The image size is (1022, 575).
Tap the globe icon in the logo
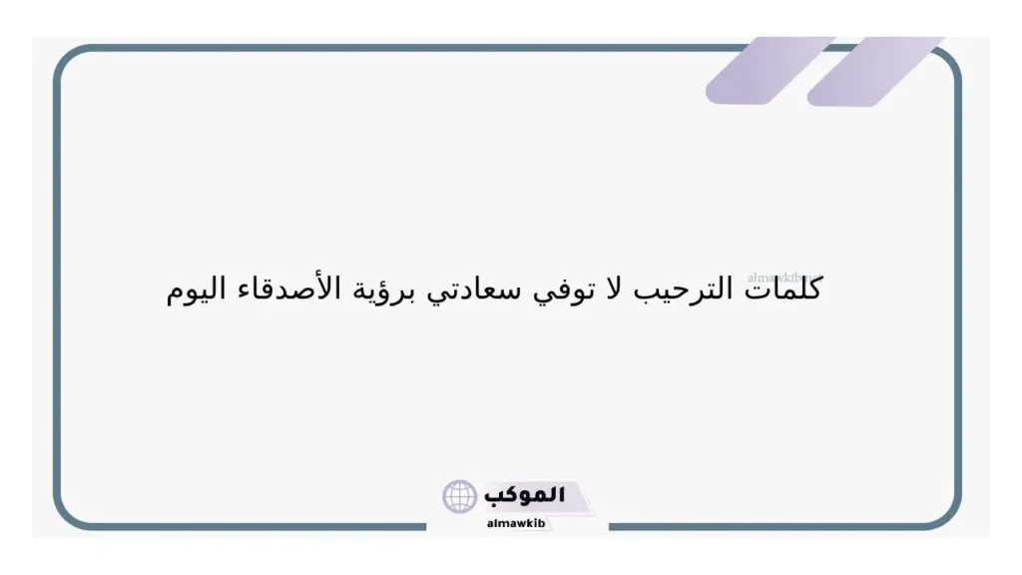tap(460, 496)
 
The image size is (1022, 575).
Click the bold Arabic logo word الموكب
tap(524, 495)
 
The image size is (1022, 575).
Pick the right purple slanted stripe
tap(873, 70)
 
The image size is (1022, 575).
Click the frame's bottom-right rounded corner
tap(948, 513)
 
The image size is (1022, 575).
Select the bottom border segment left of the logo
tap(250, 526)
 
